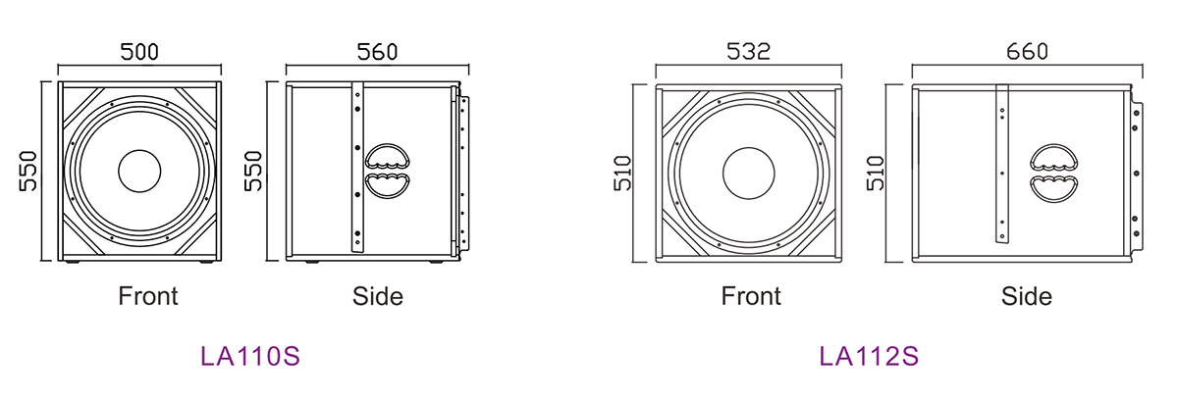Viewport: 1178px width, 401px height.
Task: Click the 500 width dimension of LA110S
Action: tap(139, 52)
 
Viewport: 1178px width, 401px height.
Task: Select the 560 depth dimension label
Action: tap(377, 52)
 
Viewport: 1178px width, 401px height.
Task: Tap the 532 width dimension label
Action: tap(748, 51)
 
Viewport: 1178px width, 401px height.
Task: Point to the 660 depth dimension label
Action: tap(1027, 51)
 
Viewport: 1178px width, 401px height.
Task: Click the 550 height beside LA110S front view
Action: tap(28, 172)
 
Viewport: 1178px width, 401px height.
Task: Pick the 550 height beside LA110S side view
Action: tap(253, 172)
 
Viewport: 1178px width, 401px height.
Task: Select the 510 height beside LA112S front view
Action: tap(622, 173)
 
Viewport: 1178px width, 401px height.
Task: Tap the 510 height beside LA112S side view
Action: tap(876, 173)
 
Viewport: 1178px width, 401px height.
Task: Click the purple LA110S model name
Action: tap(249, 356)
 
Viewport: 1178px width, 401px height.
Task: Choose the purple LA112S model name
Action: tap(869, 356)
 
